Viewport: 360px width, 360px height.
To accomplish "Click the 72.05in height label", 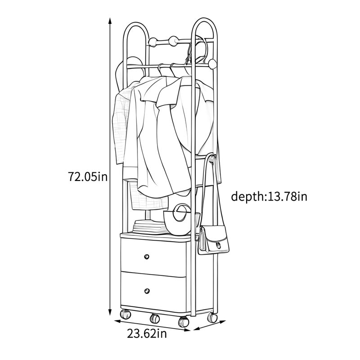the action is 88,177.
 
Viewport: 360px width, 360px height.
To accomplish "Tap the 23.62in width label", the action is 147,333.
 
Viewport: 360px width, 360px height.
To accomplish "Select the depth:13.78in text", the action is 269,197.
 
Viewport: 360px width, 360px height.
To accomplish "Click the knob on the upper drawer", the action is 147,256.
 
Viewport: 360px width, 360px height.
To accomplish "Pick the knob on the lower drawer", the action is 147,291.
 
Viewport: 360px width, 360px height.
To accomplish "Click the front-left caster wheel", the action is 125,314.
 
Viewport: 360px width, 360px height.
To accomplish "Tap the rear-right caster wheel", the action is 212,318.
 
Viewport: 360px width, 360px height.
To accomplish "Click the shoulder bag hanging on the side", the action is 213,240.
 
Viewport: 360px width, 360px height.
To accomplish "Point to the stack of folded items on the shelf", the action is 150,227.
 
